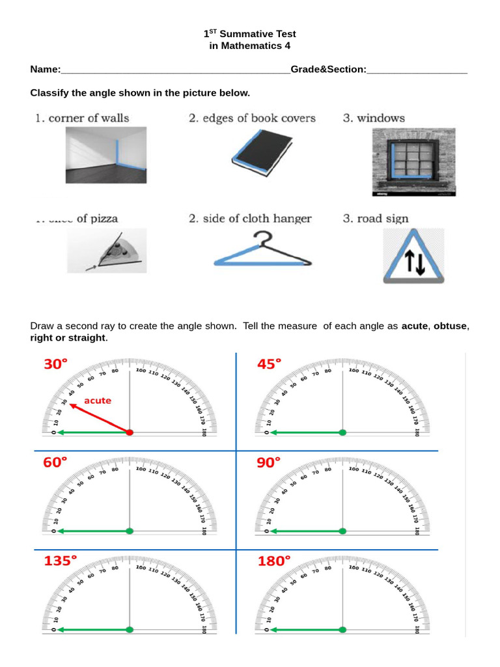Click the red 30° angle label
55,365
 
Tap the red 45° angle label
270,365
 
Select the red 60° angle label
55,463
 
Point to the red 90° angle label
270,463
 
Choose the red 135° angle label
60,561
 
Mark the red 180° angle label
273,561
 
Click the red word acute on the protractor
98,401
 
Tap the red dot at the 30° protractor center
130,433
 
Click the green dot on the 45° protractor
342,433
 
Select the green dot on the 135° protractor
130,629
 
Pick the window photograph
413,162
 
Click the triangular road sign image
413,256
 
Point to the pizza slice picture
107,251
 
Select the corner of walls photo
106,155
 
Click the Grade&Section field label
328,70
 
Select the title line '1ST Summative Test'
250,34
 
